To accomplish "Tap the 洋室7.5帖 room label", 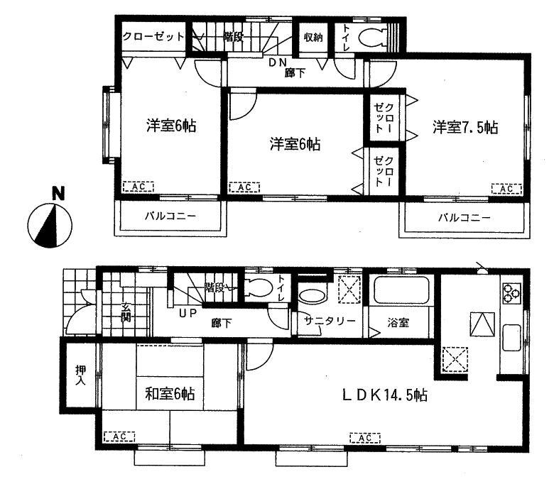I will click(465, 128).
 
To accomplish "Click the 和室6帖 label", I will click(170, 392).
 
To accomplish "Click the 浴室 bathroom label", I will click(398, 321).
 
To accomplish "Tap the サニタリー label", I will click(330, 321).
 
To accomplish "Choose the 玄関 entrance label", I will click(126, 312).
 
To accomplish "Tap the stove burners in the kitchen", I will click(512, 291).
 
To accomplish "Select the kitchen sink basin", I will click(512, 336).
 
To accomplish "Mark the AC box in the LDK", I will click(365, 438).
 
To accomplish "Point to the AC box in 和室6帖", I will click(120, 436).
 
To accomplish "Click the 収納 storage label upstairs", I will click(313, 38).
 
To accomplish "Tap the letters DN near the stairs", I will click(278, 62).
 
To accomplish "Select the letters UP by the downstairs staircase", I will click(187, 313).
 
